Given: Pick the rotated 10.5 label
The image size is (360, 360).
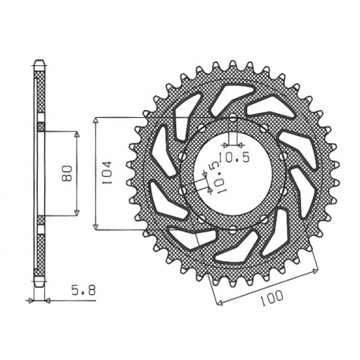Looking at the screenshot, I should click(210, 177).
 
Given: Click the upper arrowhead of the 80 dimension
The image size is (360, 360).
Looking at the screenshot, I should click(76, 134).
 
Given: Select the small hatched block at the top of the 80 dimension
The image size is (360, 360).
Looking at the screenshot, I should click(41, 125).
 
